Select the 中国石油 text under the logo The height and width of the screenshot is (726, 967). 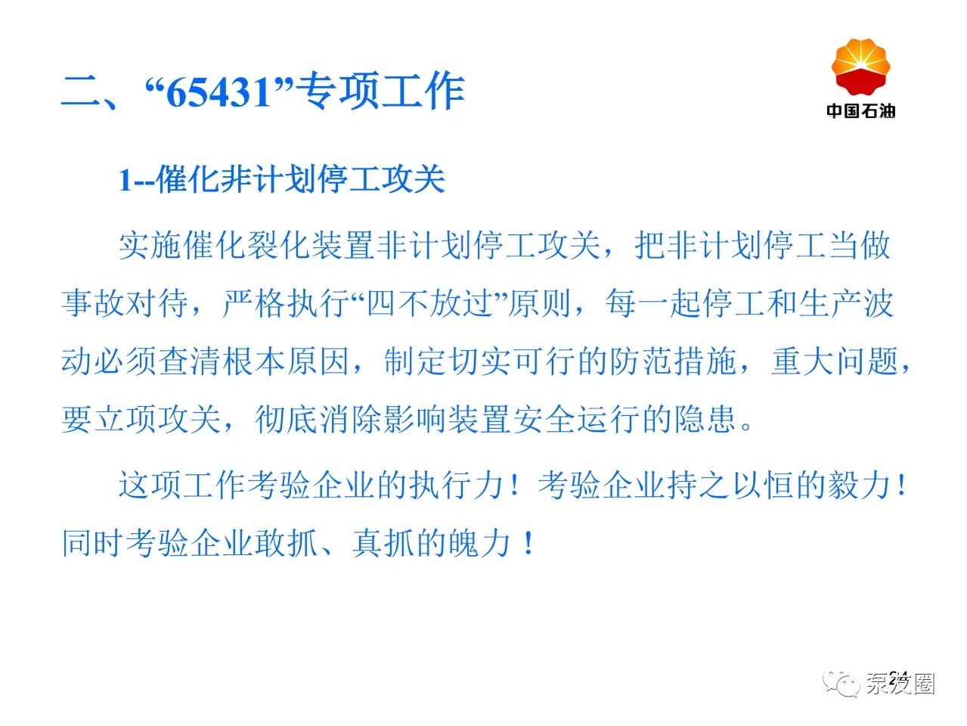pos(861,110)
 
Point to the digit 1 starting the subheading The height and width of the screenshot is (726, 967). pos(125,181)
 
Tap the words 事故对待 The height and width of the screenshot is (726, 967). pos(125,303)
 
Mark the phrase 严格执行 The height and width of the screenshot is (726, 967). pos(287,303)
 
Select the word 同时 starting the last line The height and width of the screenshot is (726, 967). pos(92,543)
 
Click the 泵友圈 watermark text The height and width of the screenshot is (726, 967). pos(901,684)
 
